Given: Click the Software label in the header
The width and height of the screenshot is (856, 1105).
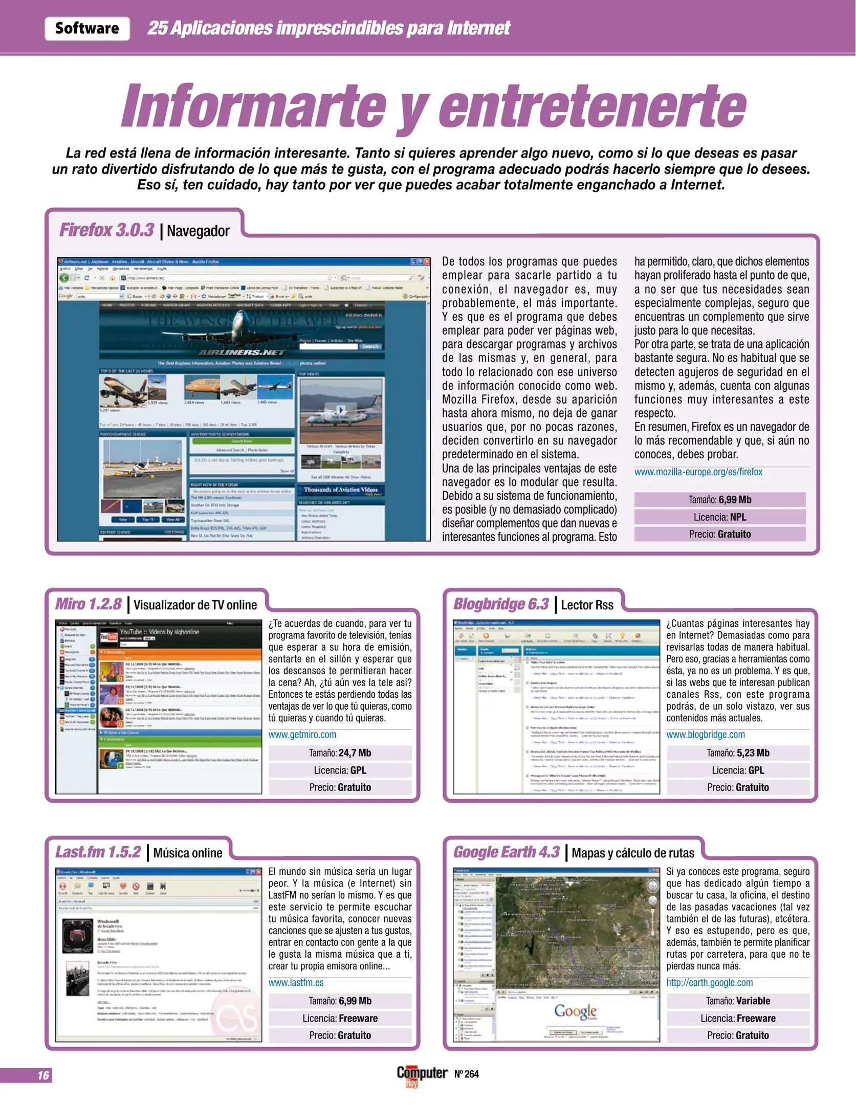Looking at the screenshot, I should point(87,28).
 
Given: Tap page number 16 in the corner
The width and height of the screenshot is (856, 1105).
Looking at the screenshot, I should point(43,1075).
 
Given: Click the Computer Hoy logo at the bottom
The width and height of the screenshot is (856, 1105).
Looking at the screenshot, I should point(422,1074).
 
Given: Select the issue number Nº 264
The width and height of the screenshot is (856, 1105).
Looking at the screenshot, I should point(466,1074).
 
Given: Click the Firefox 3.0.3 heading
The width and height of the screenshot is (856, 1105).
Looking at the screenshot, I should point(106,230).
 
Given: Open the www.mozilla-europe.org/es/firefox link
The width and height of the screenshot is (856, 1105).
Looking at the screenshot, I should point(698,472).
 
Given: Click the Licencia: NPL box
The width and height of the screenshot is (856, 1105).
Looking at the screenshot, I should point(719,517).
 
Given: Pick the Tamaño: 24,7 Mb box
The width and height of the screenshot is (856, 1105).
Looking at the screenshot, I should point(340,753).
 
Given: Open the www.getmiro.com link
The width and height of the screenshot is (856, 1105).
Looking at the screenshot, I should point(302,735).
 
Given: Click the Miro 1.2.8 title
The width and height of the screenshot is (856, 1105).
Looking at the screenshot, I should point(89,604).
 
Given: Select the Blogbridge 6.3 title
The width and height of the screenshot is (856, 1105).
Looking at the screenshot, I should point(501,604).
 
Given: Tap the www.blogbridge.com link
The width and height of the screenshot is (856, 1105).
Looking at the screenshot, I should point(705,735).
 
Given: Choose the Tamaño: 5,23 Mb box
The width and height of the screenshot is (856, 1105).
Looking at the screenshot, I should point(737,753).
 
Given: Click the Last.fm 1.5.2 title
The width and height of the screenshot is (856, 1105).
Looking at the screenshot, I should point(98,852).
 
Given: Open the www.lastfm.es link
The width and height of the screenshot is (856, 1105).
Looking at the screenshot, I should point(296,983).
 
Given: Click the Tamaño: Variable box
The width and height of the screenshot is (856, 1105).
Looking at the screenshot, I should point(737,1001).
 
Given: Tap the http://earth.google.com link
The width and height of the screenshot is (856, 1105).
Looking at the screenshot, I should point(709,983).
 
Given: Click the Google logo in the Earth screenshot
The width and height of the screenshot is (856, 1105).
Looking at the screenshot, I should point(576,1011).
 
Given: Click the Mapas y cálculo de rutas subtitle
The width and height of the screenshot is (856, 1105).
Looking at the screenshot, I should point(632,853).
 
